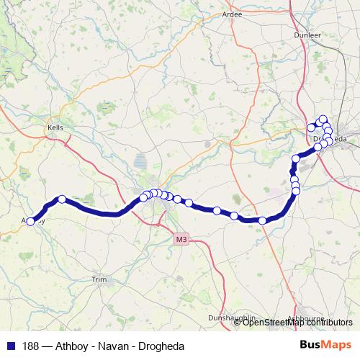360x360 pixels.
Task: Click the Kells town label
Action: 55,127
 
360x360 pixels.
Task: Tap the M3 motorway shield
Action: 181,238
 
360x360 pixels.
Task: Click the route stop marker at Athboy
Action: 31,222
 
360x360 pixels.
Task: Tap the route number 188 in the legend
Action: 32,346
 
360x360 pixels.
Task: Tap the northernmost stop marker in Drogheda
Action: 323,120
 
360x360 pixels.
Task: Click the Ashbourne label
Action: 306,318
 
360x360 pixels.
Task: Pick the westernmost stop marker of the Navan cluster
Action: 143,197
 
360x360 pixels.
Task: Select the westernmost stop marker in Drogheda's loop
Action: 311,128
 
